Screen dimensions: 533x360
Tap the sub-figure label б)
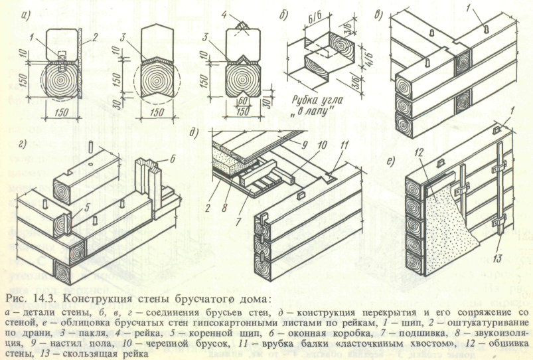(283, 15)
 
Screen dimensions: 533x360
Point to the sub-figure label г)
(23, 144)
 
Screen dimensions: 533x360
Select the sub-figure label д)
(194, 133)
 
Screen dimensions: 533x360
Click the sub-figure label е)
(392, 160)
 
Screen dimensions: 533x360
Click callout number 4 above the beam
(224, 15)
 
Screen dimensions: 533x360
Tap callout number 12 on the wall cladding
(418, 153)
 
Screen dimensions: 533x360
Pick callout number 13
(497, 258)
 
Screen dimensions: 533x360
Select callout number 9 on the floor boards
(304, 145)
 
